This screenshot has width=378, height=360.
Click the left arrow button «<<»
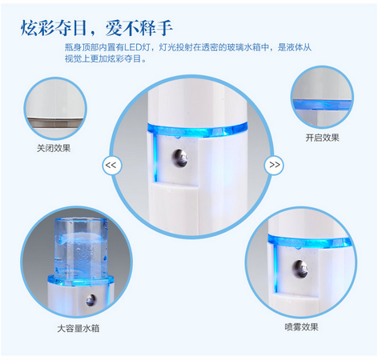click(x=111, y=165)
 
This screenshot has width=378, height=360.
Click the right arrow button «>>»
click(x=274, y=165)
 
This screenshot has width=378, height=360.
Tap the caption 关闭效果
click(x=54, y=148)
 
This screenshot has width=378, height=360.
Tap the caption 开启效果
click(x=322, y=138)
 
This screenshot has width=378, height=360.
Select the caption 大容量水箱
click(x=78, y=328)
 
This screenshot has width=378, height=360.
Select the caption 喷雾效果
click(x=301, y=326)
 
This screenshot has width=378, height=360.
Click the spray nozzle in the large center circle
click(x=180, y=158)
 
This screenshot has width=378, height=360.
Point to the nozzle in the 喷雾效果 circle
click(x=301, y=269)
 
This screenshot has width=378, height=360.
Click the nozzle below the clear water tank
click(x=90, y=300)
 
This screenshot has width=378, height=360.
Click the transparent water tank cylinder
click(x=81, y=248)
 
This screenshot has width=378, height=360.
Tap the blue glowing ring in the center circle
click(x=197, y=130)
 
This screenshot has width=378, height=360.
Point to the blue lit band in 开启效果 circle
click(x=322, y=105)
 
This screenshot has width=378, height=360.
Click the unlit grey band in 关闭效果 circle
click(x=55, y=123)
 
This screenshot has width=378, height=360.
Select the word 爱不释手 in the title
click(x=139, y=28)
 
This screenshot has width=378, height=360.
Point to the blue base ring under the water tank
click(x=81, y=280)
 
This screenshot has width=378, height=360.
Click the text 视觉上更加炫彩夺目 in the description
click(x=103, y=58)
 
